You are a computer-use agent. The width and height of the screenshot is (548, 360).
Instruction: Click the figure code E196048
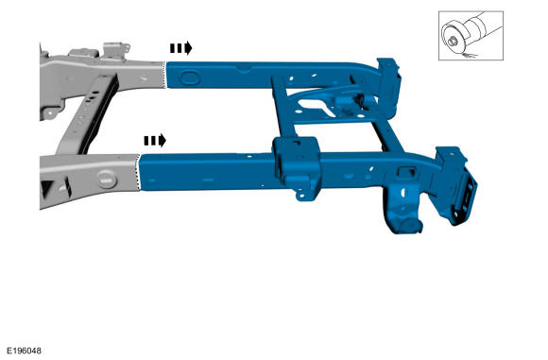tap(25, 351)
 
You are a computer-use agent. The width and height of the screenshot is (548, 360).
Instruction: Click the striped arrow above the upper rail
tap(181, 48)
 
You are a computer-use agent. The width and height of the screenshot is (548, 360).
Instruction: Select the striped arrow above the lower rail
tap(155, 141)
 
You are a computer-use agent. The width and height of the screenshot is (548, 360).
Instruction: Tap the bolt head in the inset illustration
tap(453, 42)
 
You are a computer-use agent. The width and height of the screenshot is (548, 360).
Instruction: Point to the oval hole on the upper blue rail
tap(190, 77)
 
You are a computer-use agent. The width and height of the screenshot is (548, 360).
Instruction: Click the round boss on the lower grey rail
tap(107, 179)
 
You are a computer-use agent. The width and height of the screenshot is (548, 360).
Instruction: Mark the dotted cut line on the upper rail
tap(165, 75)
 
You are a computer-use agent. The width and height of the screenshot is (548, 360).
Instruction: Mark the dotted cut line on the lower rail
tap(138, 172)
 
